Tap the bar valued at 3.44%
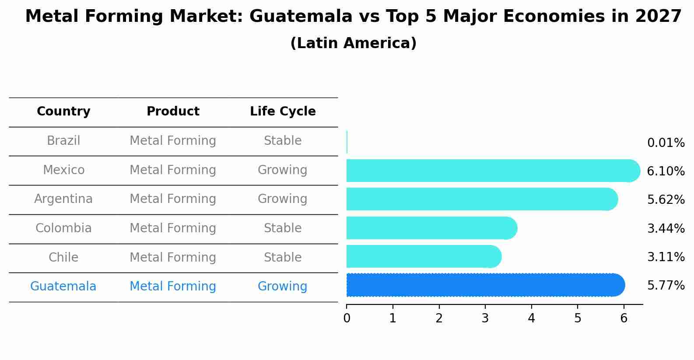pyautogui.click(x=431, y=228)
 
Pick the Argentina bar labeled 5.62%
pyautogui.click(x=481, y=199)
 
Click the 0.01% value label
pyautogui.click(x=666, y=143)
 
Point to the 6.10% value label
pyautogui.click(x=666, y=171)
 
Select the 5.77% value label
pyautogui.click(x=666, y=286)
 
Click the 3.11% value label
pyautogui.click(x=666, y=257)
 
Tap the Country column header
pyautogui.click(x=63, y=112)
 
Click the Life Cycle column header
pyautogui.click(x=283, y=112)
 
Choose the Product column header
pyautogui.click(x=173, y=112)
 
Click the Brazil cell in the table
pyautogui.click(x=63, y=141)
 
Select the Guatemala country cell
pyautogui.click(x=63, y=287)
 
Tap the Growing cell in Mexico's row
pyautogui.click(x=282, y=170)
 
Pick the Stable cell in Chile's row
pyautogui.click(x=283, y=258)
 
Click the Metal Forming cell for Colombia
pyautogui.click(x=173, y=228)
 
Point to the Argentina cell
pyautogui.click(x=63, y=199)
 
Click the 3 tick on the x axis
pyautogui.click(x=485, y=318)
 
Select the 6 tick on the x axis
pyautogui.click(x=624, y=318)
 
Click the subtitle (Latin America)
pyautogui.click(x=353, y=43)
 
